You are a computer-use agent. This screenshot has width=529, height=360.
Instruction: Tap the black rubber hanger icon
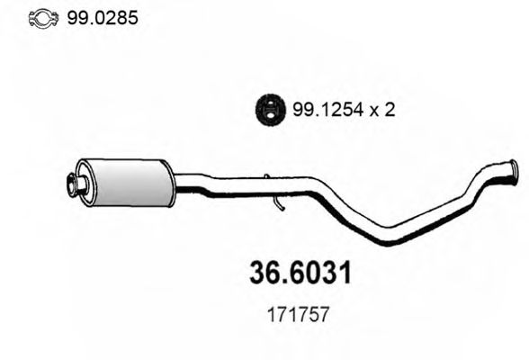coord(266,109)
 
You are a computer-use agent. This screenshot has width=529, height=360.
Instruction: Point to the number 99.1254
coord(320,110)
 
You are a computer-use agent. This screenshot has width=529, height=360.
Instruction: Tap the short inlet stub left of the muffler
coord(75,186)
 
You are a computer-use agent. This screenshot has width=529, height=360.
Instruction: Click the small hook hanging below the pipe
coord(280,206)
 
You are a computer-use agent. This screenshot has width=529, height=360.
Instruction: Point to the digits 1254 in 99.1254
coord(330,110)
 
